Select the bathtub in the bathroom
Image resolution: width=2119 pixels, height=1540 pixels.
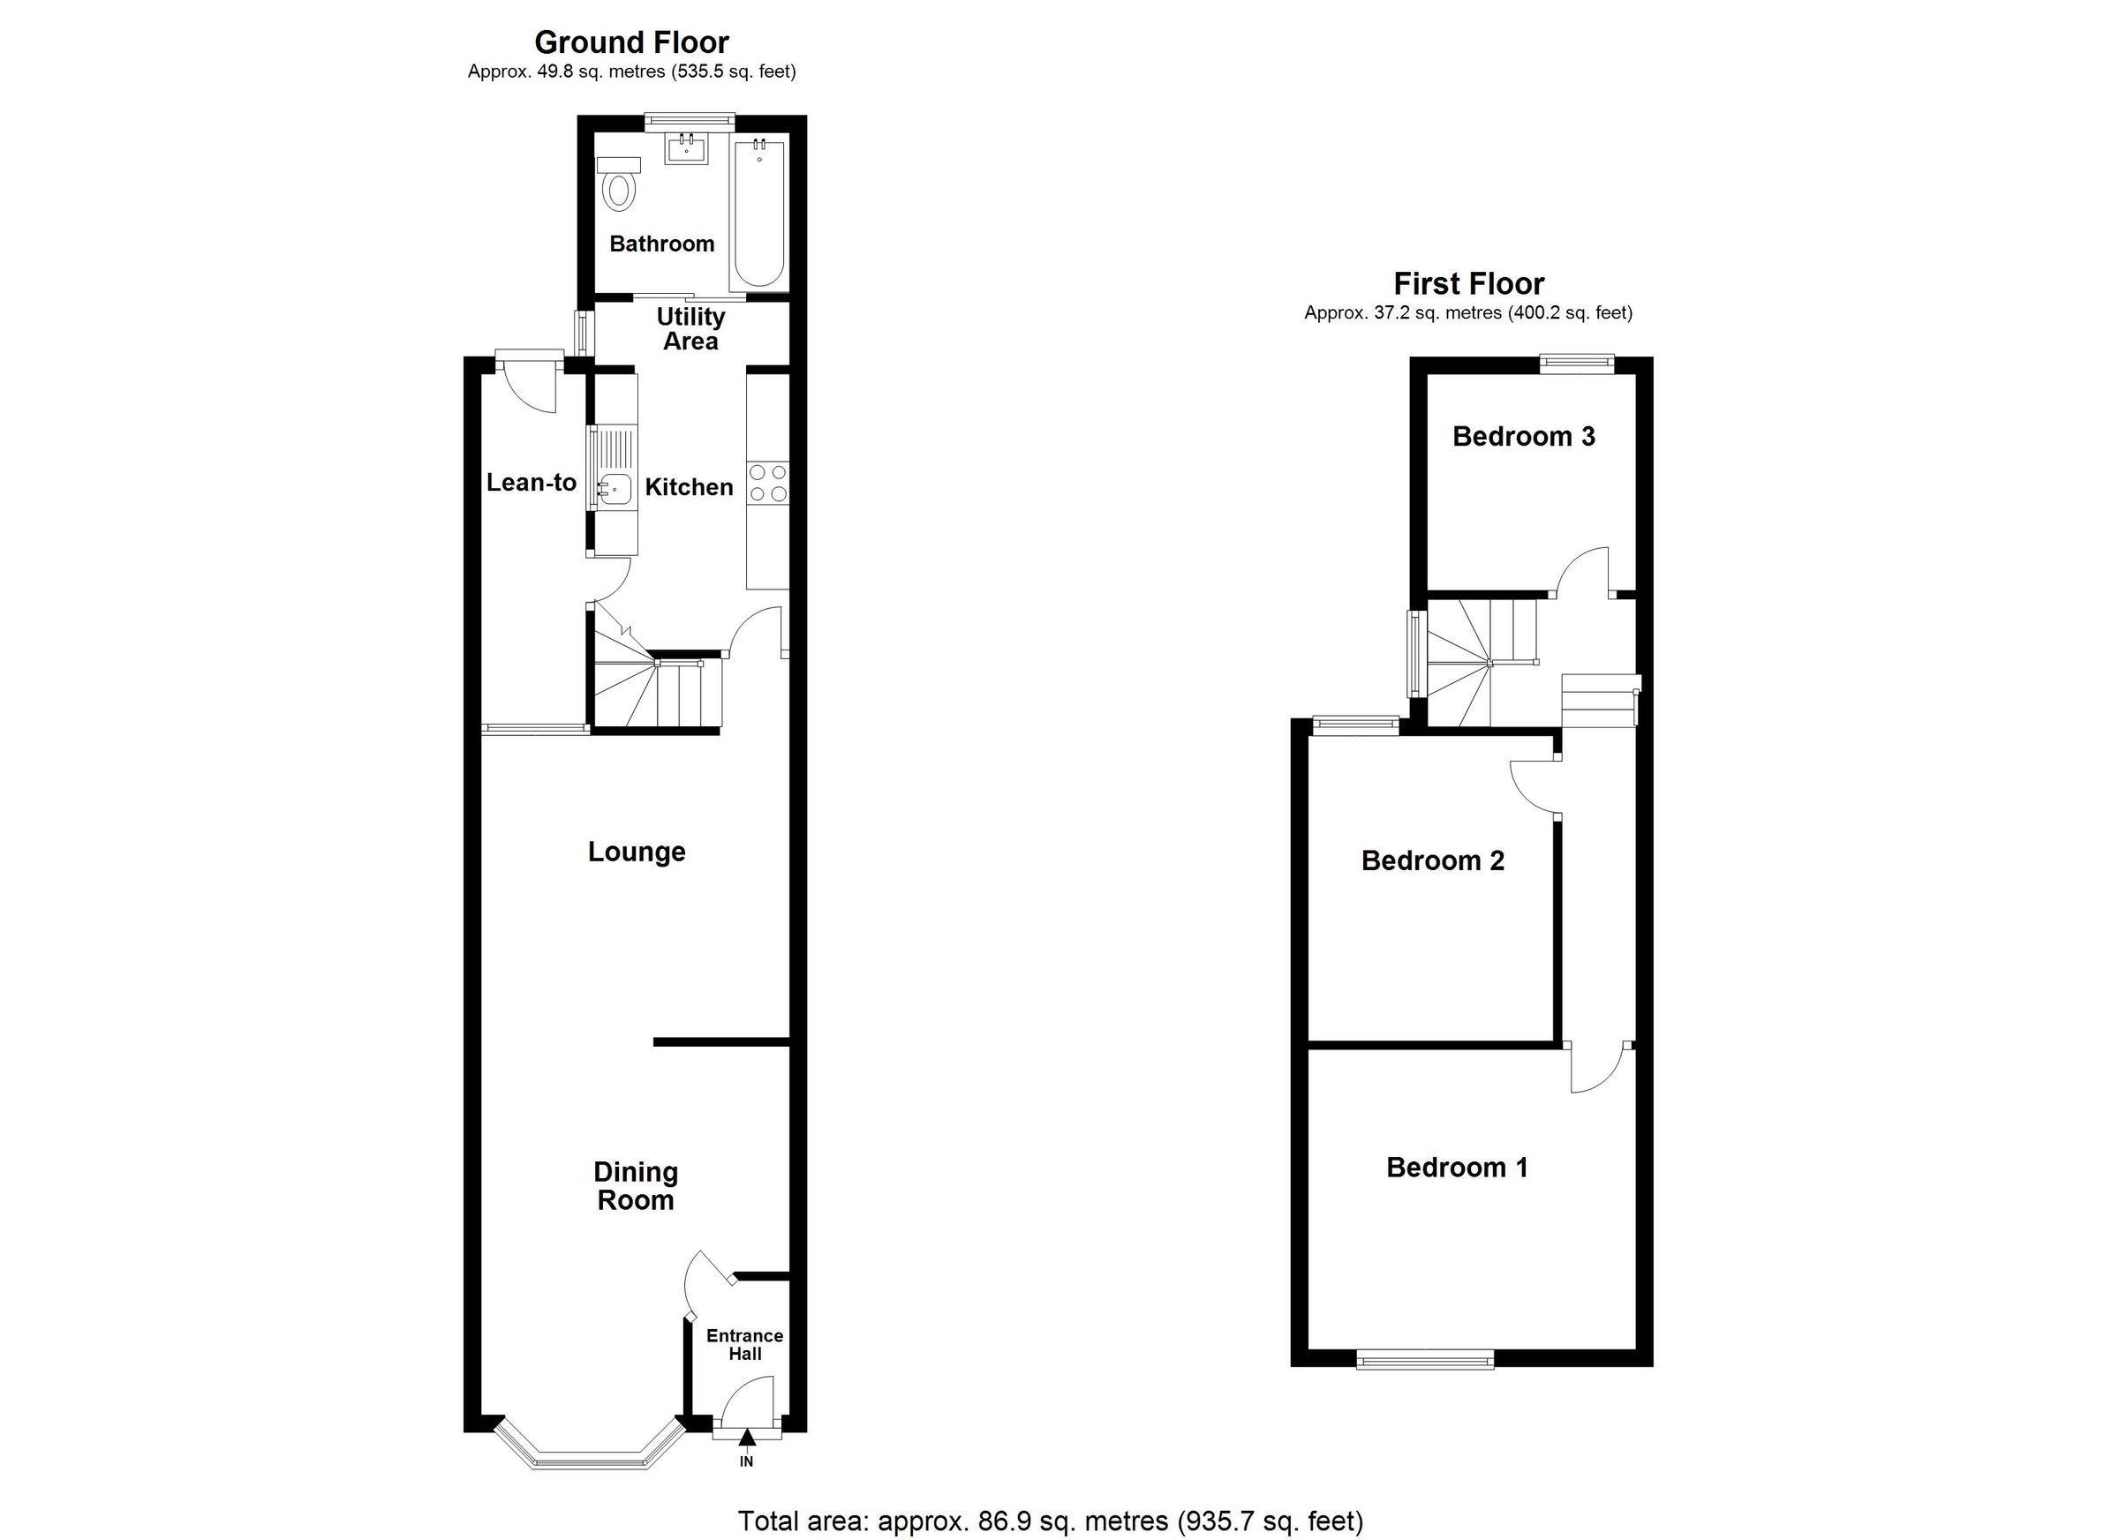pos(758,212)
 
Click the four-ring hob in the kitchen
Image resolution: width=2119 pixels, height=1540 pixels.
pos(767,483)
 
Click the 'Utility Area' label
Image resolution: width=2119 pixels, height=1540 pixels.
pos(690,328)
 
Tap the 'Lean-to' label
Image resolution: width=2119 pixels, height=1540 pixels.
pos(531,482)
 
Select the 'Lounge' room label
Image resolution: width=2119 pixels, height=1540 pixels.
pos(637,851)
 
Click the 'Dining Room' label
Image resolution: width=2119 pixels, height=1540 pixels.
pos(636,1185)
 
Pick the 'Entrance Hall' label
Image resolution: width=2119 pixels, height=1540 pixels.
pos(744,1344)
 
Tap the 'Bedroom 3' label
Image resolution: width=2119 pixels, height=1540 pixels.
pos(1523,436)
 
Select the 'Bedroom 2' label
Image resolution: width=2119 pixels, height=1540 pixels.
pos(1432,860)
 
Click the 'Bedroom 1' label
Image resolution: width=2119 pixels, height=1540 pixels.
pos(1457,1167)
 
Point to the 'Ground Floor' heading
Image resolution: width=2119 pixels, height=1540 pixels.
pos(631,42)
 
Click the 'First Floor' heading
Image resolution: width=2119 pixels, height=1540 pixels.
pos(1468,283)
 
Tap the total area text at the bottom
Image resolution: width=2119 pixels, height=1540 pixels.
pos(1050,1521)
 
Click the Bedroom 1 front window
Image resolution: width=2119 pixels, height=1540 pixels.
pos(1425,1361)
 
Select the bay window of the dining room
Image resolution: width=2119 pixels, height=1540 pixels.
pos(589,1458)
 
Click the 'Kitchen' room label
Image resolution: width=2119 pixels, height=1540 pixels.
pos(689,486)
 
